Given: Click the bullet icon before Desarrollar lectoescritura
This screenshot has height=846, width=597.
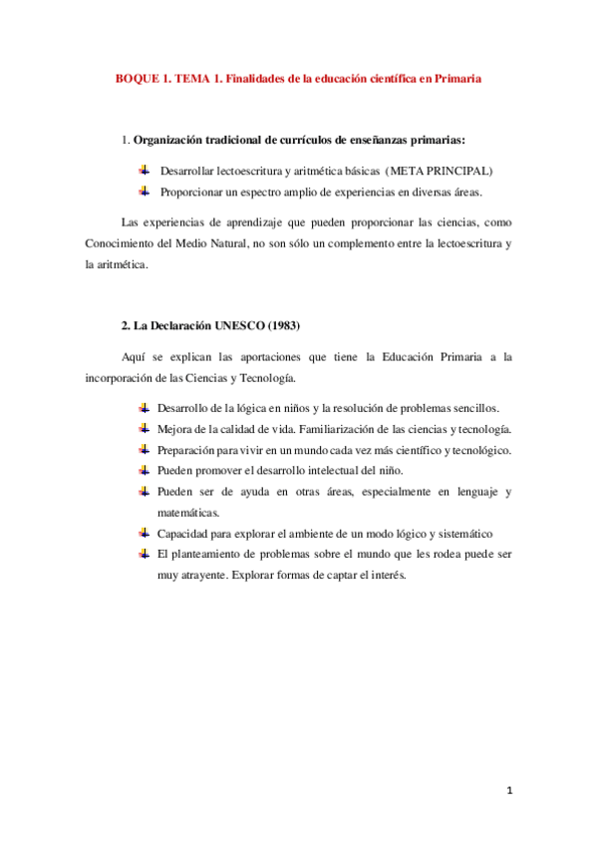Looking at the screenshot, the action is [144, 171].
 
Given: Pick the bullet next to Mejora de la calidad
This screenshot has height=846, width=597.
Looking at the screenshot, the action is [144, 429].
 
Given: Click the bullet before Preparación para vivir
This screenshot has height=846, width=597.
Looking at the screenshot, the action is [144, 450].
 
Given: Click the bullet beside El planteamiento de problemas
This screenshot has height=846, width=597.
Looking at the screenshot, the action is [144, 554].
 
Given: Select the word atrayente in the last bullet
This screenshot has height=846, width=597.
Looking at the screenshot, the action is [202, 575].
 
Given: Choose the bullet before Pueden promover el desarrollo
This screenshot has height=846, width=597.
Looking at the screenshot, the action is [144, 471].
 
